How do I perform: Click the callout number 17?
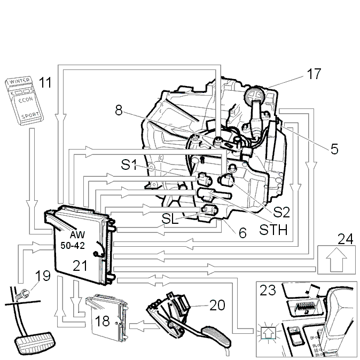pos(314,74)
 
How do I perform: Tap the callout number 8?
pos(119,110)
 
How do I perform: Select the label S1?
pos(129,165)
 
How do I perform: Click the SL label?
pos(170,218)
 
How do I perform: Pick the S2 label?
pos(281,212)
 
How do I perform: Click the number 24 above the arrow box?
pos(345,239)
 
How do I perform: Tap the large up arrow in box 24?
pos(336,260)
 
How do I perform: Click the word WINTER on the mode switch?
pos(20,81)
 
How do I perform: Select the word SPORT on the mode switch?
pos(30,115)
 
